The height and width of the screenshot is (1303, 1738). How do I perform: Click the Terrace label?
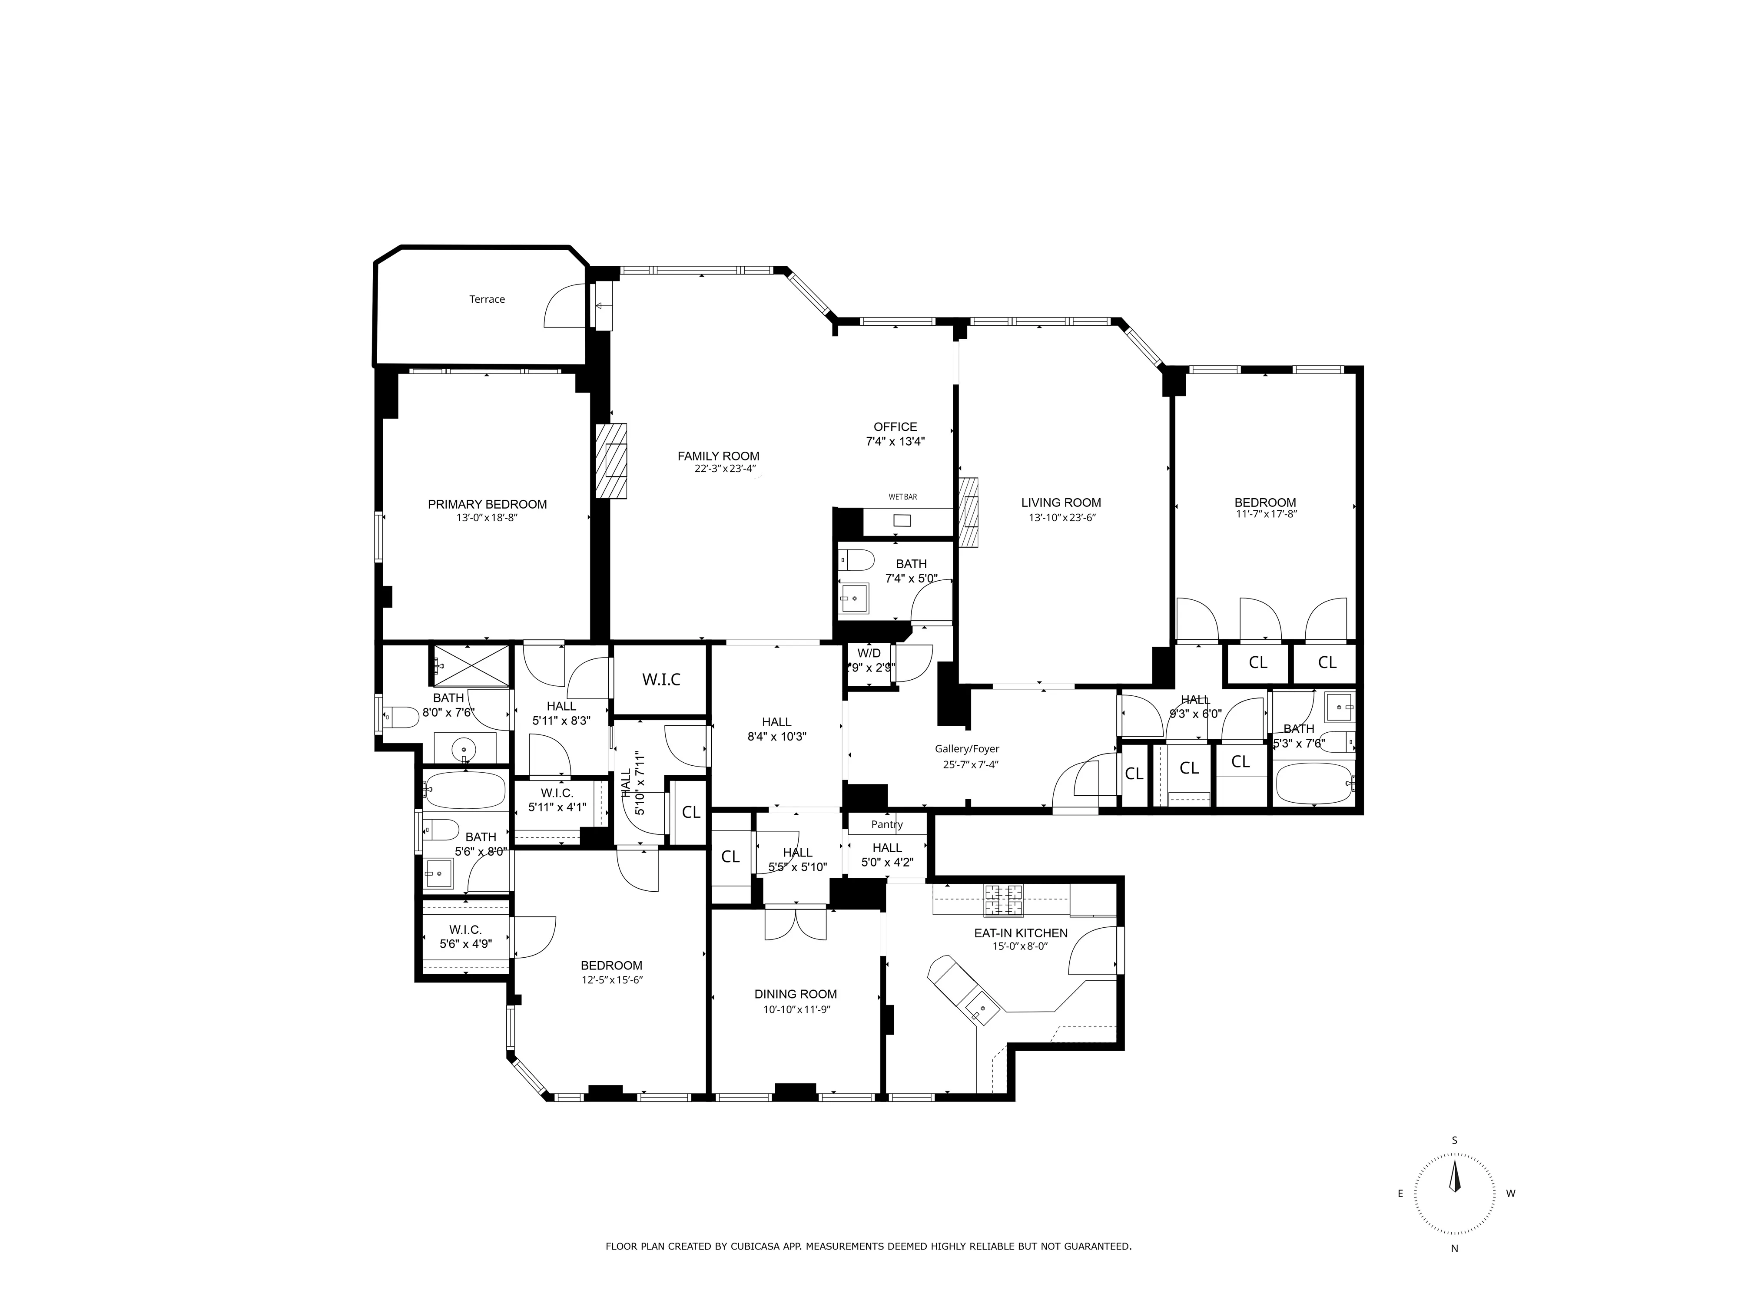tap(487, 299)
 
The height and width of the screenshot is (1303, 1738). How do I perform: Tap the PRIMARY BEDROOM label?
tap(487, 504)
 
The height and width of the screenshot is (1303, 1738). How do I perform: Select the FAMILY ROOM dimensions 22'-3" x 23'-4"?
tap(724, 470)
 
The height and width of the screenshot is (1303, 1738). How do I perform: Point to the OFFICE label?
tap(895, 427)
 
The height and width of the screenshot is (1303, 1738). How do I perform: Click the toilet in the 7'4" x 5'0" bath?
tap(858, 560)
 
